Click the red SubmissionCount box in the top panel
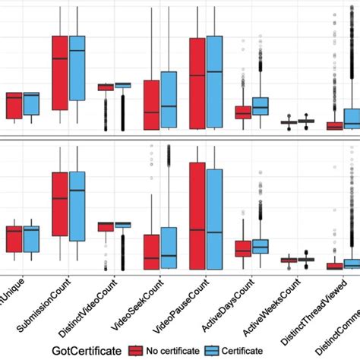[59, 73]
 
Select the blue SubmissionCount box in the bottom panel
[77, 206]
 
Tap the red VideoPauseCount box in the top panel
[197, 82]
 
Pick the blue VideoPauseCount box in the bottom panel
[214, 219]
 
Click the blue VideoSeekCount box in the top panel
[168, 99]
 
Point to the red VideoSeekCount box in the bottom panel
[151, 251]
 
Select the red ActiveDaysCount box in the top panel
[243, 112]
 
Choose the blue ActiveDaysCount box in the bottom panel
[261, 246]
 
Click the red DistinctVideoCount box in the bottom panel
[105, 226]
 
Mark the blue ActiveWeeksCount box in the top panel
[305, 122]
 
